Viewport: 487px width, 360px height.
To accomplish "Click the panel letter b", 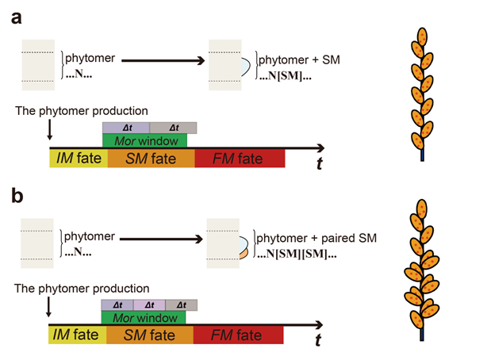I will (15, 194).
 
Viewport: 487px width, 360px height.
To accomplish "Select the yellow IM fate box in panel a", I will (78, 158).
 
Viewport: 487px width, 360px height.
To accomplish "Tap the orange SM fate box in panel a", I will (151, 158).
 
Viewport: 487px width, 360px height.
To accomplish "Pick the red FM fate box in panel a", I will (239, 158).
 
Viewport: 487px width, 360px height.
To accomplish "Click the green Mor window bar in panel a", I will (144, 140).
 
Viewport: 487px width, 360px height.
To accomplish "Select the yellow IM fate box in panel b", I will (77, 334).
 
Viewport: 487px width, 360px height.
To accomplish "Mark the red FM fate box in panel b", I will (238, 334).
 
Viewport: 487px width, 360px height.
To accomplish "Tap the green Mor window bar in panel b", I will (144, 316).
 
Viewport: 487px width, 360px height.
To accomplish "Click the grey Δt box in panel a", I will (173, 128).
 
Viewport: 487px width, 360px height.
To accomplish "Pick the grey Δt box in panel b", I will (181, 304).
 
